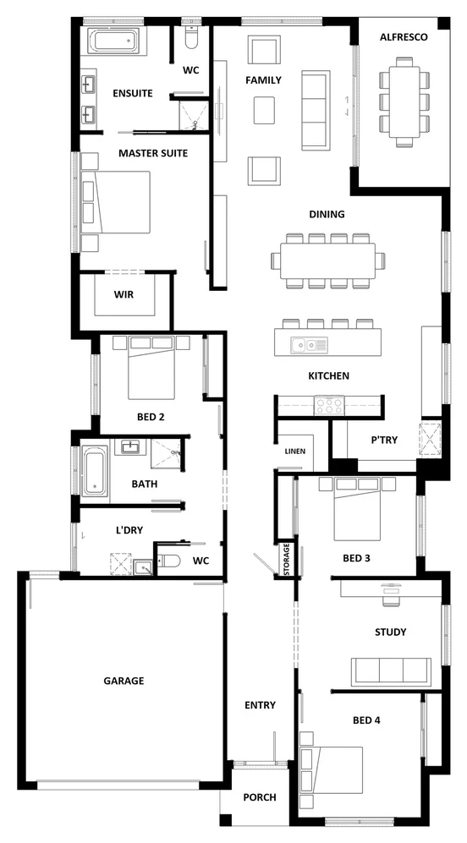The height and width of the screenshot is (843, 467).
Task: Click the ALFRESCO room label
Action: tap(404, 37)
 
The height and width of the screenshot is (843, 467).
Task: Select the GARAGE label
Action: tap(124, 680)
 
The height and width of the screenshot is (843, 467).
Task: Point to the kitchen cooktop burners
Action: tap(328, 405)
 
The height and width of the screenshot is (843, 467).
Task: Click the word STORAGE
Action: tap(287, 560)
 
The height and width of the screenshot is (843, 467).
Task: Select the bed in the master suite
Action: tap(115, 202)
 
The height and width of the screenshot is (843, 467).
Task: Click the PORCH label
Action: tap(259, 797)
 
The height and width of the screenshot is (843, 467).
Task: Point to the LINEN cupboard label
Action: tap(294, 451)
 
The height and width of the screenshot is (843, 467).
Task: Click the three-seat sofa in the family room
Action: tap(315, 111)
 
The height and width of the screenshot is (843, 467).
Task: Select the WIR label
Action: tap(124, 294)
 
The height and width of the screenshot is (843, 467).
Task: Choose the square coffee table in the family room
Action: tap(264, 108)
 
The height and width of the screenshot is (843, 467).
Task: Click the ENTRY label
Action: tap(260, 704)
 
